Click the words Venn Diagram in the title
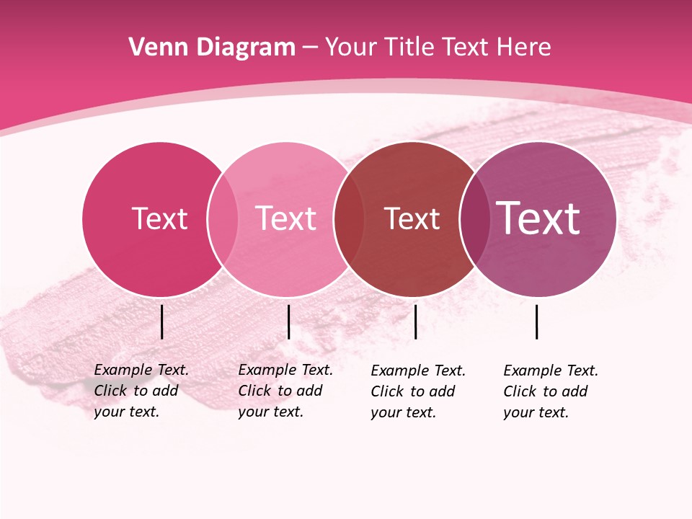click(212, 48)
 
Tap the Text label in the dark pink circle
click(159, 218)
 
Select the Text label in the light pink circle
click(285, 218)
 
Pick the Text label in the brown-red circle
click(412, 219)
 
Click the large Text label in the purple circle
click(538, 218)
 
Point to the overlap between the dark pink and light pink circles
click(223, 219)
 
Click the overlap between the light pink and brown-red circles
click(349, 219)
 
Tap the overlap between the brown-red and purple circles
click(474, 219)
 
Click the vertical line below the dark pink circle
click(161, 321)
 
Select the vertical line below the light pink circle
click(288, 321)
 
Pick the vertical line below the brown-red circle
click(415, 321)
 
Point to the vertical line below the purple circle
click(536, 321)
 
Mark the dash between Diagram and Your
click(310, 48)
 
